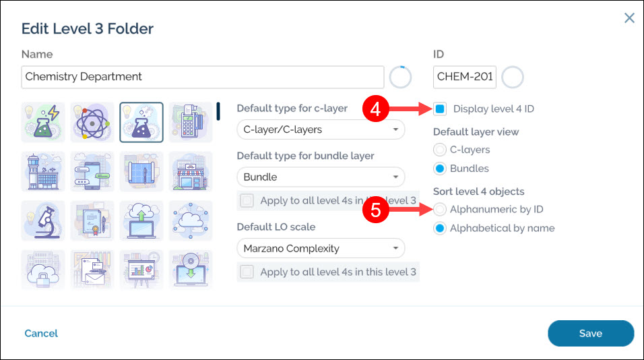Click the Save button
(x=591, y=333)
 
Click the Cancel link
(x=41, y=333)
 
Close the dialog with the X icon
(x=629, y=18)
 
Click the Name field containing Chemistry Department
(x=203, y=77)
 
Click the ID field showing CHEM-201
(x=465, y=77)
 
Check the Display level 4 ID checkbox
(x=440, y=109)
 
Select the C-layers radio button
(x=439, y=150)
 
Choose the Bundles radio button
(x=439, y=169)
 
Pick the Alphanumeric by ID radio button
(x=439, y=209)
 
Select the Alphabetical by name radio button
(x=439, y=228)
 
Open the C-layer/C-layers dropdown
(x=321, y=129)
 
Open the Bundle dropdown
(x=321, y=177)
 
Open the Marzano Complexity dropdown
(x=321, y=248)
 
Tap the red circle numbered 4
(x=375, y=109)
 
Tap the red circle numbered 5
(x=375, y=210)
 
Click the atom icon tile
(x=92, y=123)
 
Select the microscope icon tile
(x=42, y=220)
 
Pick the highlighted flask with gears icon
(x=141, y=123)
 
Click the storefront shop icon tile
(x=191, y=172)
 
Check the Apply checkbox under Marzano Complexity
(x=247, y=272)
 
